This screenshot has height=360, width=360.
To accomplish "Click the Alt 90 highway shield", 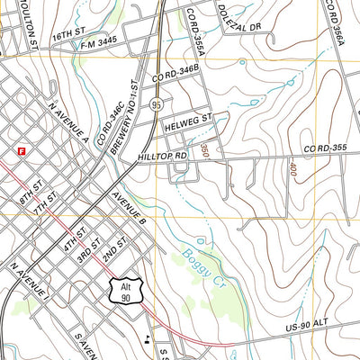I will tap(124, 290).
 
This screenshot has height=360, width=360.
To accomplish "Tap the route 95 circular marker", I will tap(157, 104).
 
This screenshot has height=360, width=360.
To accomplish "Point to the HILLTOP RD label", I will tap(163, 157).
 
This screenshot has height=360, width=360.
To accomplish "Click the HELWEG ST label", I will tap(186, 118).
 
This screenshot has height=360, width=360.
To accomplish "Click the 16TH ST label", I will tap(67, 34).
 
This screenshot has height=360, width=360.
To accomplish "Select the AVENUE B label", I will tap(128, 205).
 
